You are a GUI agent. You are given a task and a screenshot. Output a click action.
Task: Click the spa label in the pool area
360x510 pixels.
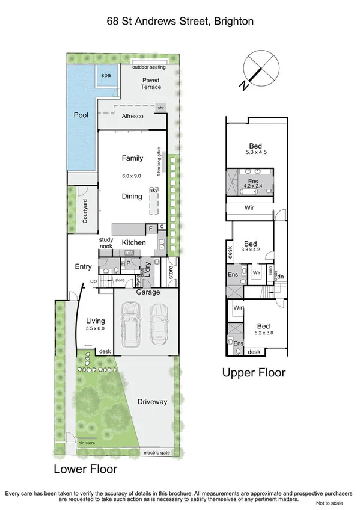tap(106, 75)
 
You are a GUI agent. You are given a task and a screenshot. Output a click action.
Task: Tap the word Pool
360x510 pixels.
tap(81, 115)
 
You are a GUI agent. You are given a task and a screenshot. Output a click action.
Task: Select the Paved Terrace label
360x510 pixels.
tap(151, 84)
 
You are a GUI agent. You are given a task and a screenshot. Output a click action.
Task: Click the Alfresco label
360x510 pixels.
tap(132, 116)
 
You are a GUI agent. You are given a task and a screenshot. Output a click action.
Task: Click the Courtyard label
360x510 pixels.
tap(85, 210)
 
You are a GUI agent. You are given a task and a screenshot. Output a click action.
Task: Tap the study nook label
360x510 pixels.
tap(106, 242)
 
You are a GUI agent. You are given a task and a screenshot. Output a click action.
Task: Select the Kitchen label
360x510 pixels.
tap(133, 242)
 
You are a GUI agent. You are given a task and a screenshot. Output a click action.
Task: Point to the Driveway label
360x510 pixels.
tap(152, 401)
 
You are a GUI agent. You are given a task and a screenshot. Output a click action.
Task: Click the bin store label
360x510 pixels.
tap(87, 443)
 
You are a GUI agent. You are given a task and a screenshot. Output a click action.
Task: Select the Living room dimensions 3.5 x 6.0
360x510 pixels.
tap(95, 329)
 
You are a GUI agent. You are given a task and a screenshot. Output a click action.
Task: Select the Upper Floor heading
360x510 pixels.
tap(254, 373)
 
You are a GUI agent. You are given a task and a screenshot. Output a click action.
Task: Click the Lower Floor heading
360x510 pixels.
tap(85, 469)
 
